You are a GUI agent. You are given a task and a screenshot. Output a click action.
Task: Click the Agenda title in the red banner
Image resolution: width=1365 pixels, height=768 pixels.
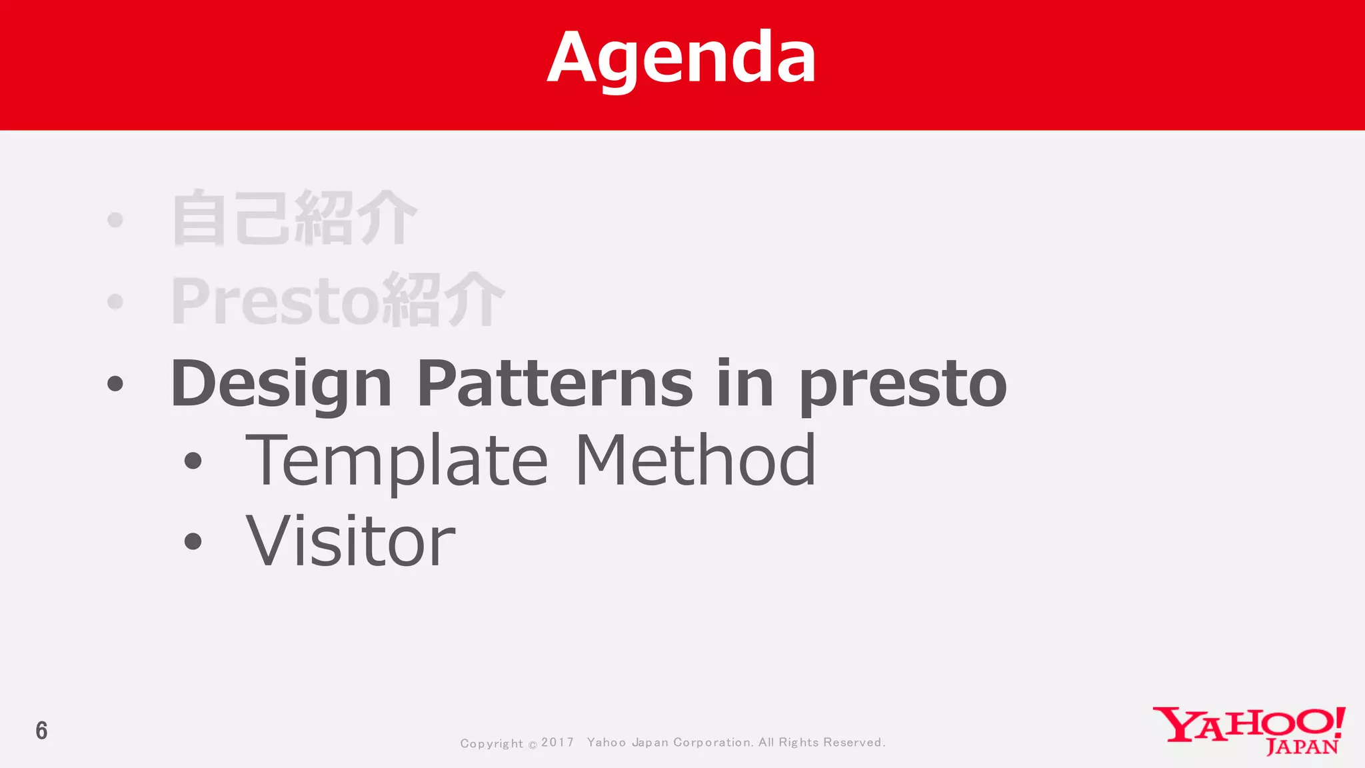pyautogui.click(x=681, y=59)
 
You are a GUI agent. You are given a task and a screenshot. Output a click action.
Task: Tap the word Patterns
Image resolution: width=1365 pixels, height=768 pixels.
pyautogui.click(x=555, y=384)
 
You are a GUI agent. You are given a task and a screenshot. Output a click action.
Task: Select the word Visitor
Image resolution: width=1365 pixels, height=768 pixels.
pyautogui.click(x=351, y=541)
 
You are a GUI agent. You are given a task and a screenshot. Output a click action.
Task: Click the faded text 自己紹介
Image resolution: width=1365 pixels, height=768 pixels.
pyautogui.click(x=294, y=219)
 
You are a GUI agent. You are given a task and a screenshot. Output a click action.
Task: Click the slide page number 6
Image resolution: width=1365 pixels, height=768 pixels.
pyautogui.click(x=41, y=731)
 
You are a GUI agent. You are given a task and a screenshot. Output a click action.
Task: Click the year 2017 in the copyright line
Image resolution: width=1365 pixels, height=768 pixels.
pyautogui.click(x=557, y=742)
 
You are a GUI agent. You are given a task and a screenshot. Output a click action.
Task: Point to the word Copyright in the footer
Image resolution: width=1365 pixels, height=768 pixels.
pyautogui.click(x=491, y=743)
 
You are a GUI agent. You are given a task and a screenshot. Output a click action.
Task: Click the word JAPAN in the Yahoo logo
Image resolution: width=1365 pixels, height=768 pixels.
pyautogui.click(x=1302, y=747)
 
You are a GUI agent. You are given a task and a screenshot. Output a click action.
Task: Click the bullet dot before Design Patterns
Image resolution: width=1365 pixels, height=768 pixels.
pyautogui.click(x=115, y=384)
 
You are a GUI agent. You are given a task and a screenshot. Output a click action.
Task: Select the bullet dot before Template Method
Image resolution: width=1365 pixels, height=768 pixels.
pyautogui.click(x=193, y=461)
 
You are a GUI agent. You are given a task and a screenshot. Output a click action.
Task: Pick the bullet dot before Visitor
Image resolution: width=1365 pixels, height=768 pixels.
pyautogui.click(x=193, y=541)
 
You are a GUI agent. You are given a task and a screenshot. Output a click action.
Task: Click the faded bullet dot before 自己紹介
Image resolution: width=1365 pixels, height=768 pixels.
pyautogui.click(x=115, y=219)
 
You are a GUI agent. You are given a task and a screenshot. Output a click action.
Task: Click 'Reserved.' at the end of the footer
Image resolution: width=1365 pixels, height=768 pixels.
pyautogui.click(x=854, y=742)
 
